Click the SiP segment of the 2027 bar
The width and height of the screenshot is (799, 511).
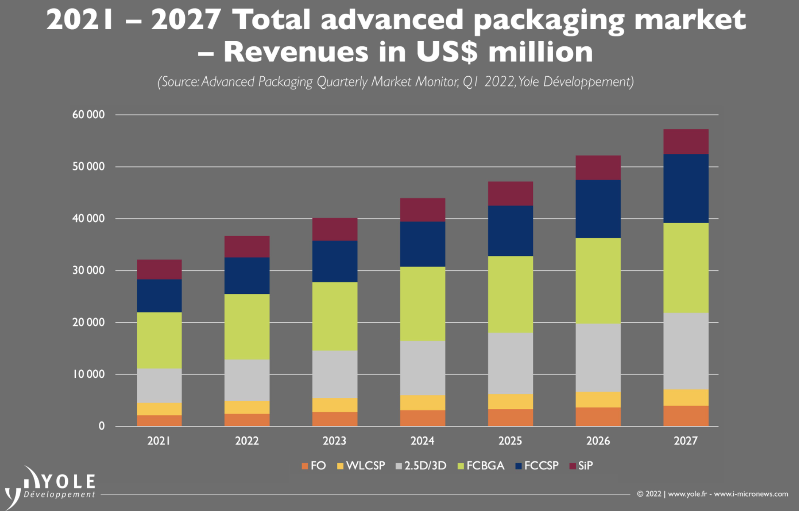(685, 142)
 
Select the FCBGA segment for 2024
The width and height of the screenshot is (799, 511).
(422, 304)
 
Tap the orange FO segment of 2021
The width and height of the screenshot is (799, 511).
(159, 420)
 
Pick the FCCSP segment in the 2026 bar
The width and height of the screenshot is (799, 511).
(598, 209)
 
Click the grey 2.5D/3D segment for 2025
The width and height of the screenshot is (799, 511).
(510, 363)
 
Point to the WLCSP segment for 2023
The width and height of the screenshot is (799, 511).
(335, 405)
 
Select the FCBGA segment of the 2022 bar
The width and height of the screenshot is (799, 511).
(247, 327)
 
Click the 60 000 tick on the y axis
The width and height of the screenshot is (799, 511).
(88, 114)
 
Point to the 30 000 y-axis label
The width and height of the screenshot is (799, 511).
(88, 270)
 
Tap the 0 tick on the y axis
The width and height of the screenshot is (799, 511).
(101, 426)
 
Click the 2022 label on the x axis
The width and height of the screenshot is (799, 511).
(247, 441)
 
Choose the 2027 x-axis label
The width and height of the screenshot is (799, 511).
(685, 441)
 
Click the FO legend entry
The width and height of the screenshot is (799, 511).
(314, 466)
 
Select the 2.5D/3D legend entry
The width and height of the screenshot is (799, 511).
(421, 466)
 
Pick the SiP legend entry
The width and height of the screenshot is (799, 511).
(581, 466)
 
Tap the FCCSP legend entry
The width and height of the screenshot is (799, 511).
(537, 466)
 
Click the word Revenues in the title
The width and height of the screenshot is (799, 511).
(295, 52)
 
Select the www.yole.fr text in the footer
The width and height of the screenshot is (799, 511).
(687, 494)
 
